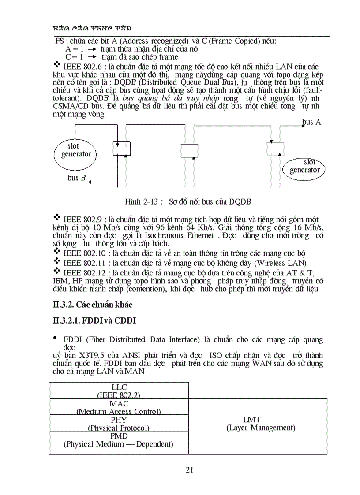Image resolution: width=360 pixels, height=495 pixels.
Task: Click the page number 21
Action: [x=190, y=469]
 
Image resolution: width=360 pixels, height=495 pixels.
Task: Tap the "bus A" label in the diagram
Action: [x=311, y=122]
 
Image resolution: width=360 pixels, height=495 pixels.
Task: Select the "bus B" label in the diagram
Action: [x=76, y=178]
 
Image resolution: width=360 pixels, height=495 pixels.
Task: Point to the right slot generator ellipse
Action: [x=304, y=167]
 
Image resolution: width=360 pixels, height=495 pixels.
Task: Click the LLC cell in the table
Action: [x=119, y=391]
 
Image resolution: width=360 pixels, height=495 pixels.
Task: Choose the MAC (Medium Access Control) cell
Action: [x=119, y=407]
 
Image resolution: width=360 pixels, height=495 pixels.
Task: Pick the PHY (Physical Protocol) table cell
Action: [x=119, y=423]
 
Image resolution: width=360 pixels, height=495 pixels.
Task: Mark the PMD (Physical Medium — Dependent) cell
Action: [x=119, y=440]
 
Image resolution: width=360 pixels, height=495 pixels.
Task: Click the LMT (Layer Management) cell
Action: [x=258, y=424]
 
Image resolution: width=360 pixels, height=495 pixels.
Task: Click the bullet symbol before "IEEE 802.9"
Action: [x=56, y=218]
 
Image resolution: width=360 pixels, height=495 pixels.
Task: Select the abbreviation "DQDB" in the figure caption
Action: [x=240, y=202]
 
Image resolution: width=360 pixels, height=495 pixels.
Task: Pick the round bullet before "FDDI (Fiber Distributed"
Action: [x=55, y=338]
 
